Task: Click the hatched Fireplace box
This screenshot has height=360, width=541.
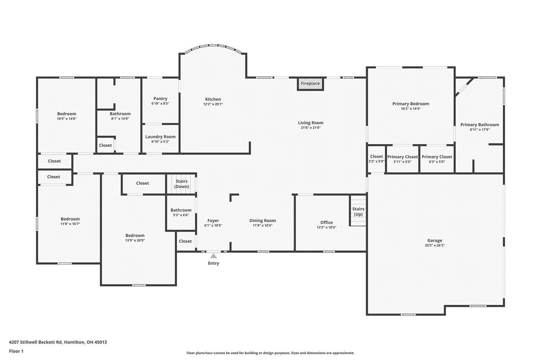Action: coord(310,84)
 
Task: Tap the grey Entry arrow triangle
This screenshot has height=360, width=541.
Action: coord(214,256)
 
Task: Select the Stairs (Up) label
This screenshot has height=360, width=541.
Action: coord(358,212)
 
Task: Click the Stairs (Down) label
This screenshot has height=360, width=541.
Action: coord(181,184)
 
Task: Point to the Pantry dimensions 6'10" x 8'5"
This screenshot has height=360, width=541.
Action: coord(160,103)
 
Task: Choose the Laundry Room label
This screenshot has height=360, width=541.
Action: coord(160,137)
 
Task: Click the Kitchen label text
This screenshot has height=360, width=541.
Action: coord(213,99)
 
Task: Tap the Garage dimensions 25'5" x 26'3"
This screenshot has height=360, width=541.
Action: coord(435,245)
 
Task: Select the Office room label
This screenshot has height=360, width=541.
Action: coord(326,222)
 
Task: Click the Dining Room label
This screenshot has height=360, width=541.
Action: coord(263,221)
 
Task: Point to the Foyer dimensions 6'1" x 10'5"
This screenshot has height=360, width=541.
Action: coord(213,226)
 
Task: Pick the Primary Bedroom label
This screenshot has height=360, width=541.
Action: coord(410,104)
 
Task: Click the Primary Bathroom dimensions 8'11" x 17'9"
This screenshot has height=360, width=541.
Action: coord(480,130)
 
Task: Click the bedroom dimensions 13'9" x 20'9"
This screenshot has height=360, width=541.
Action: coord(135,240)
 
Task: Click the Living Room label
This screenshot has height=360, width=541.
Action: coord(311,123)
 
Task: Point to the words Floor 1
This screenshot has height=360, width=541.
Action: coord(16,351)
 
